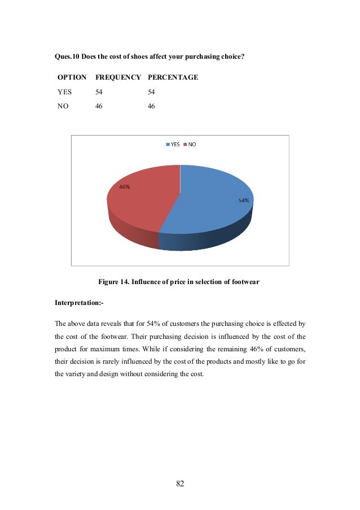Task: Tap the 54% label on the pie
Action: tap(244, 200)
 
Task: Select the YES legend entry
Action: tap(173, 145)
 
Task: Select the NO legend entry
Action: tap(190, 145)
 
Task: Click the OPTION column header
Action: tap(72, 77)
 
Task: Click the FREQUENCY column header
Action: tap(118, 77)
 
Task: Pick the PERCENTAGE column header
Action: tap(173, 77)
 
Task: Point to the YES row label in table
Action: tap(65, 91)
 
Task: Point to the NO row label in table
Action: tap(63, 106)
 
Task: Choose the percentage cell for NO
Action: tap(151, 106)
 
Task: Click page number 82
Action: tap(180, 483)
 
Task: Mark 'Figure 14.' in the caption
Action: tap(113, 281)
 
